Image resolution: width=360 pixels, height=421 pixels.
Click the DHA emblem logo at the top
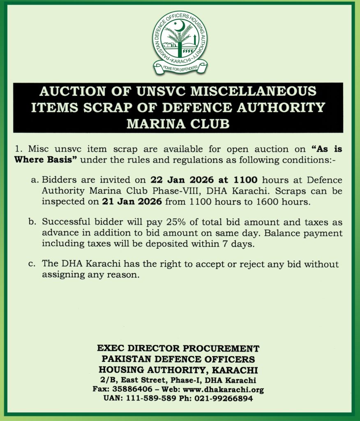180,41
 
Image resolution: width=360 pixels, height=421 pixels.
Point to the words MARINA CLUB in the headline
178,123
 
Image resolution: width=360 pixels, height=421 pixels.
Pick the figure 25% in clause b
164,222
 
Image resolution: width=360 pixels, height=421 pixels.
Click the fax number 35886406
131,389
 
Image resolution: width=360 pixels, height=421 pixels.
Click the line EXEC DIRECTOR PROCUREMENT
178,349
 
